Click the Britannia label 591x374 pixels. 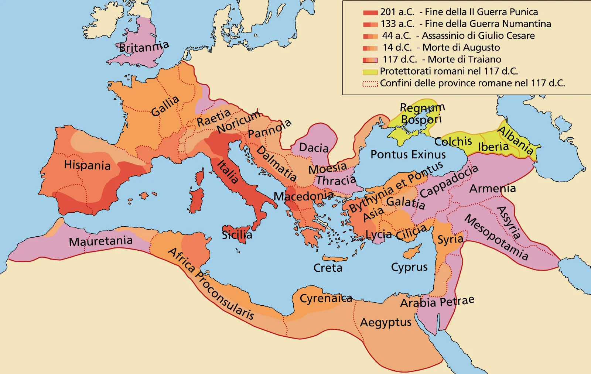pyautogui.click(x=144, y=47)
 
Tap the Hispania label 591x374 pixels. pyautogui.click(x=87, y=165)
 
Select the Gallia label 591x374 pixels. pyautogui.click(x=165, y=106)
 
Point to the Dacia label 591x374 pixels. pyautogui.click(x=314, y=148)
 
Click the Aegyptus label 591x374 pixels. pyautogui.click(x=386, y=322)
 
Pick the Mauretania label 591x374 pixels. pyautogui.click(x=100, y=241)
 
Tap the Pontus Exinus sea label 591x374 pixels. pyautogui.click(x=408, y=154)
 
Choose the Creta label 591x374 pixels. pyautogui.click(x=328, y=268)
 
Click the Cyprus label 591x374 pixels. pyautogui.click(x=409, y=267)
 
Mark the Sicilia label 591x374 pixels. pyautogui.click(x=237, y=234)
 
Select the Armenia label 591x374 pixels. pyautogui.click(x=492, y=188)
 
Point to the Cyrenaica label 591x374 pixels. pyautogui.click(x=326, y=298)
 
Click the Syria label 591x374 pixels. pyautogui.click(x=450, y=239)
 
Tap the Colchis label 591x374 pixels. pyautogui.click(x=453, y=141)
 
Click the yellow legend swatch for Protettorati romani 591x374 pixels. pyautogui.click(x=370, y=72)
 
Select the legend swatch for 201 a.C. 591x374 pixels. pyautogui.click(x=370, y=13)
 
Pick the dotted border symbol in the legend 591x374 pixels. pyautogui.click(x=370, y=84)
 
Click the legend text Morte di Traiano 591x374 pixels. pyautogui.click(x=464, y=59)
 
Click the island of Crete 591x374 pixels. pyautogui.click(x=335, y=258)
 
